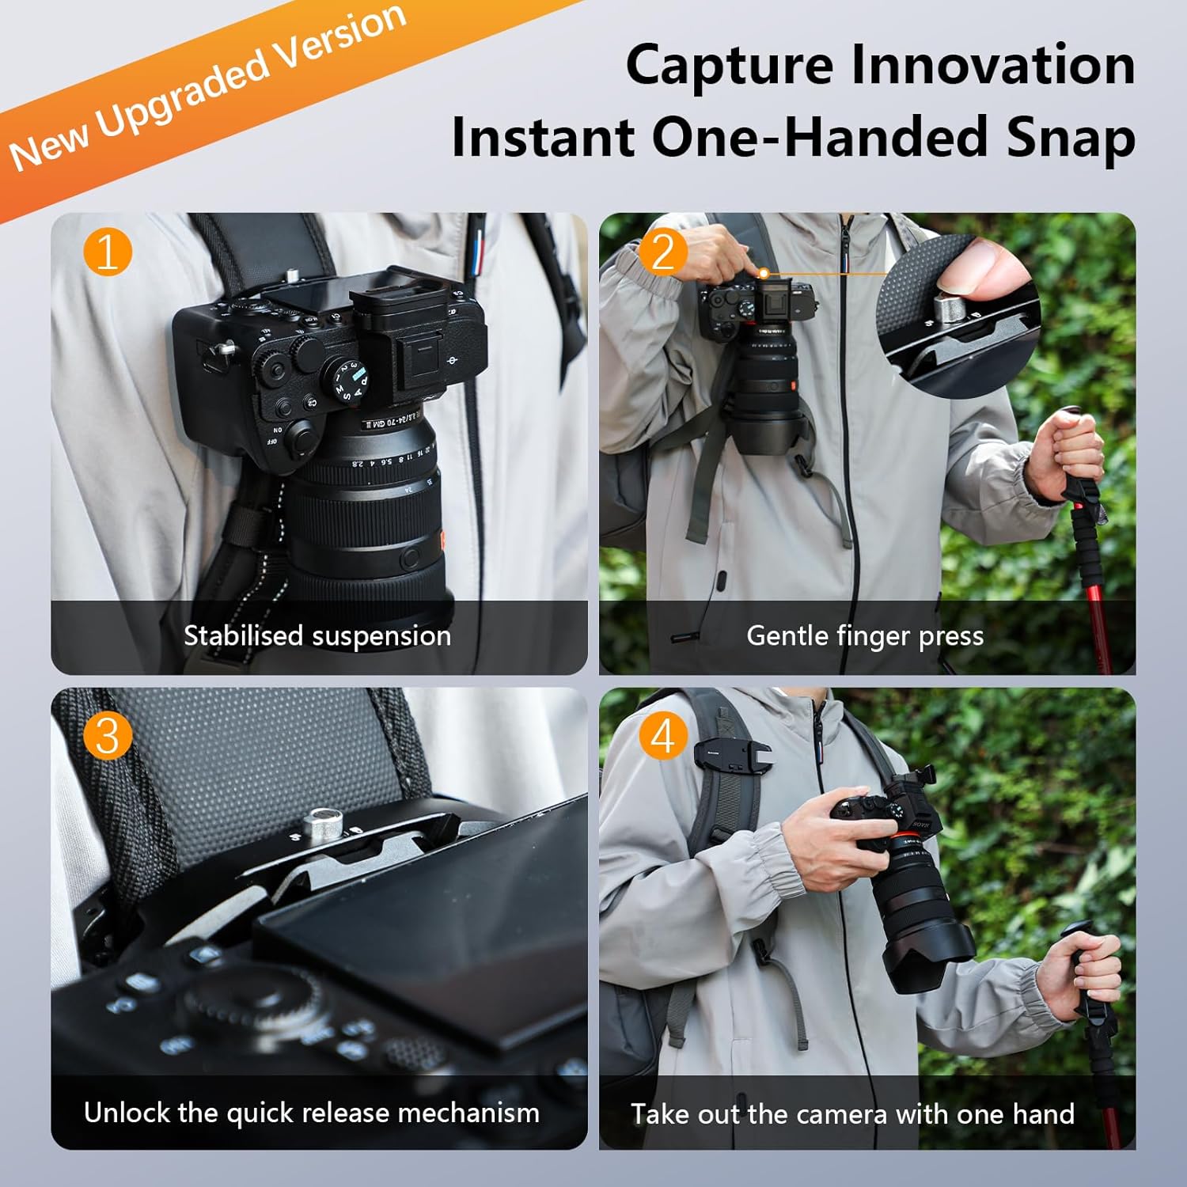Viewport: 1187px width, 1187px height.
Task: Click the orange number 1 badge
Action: click(107, 252)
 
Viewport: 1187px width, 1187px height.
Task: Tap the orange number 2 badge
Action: click(663, 252)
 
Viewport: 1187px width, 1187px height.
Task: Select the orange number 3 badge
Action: click(107, 735)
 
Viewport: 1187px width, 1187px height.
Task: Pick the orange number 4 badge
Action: click(663, 735)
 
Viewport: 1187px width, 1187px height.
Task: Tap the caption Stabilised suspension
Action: click(317, 635)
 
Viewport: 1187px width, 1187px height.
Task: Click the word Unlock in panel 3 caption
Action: click(127, 1113)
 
